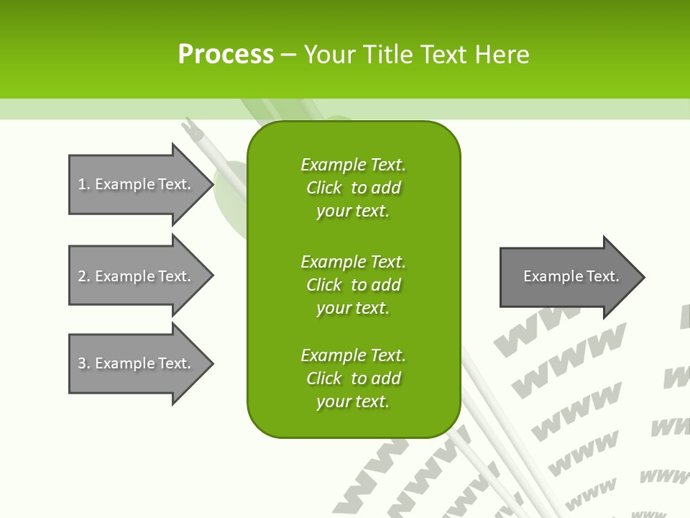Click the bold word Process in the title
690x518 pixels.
226,55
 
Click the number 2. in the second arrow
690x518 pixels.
83,276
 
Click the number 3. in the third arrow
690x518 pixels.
83,363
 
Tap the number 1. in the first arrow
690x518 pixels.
83,184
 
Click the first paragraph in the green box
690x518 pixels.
353,188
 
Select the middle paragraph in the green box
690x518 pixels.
353,285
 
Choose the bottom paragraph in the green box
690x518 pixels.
353,378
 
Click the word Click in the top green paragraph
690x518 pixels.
323,188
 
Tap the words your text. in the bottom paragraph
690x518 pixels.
353,401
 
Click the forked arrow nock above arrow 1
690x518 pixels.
190,128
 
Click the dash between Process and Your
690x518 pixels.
288,55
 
